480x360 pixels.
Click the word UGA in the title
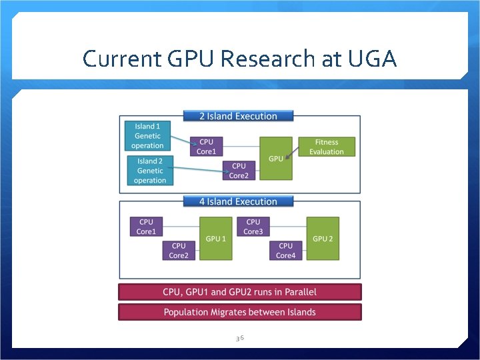[372, 59]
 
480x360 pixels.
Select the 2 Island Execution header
[238, 116]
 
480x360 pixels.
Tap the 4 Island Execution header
[238, 201]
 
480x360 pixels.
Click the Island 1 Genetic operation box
[147, 136]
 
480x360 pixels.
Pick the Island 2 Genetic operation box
[150, 171]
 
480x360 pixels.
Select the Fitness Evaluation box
[327, 147]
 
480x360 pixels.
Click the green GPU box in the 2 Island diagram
[275, 158]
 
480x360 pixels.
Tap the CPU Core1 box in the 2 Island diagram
[206, 147]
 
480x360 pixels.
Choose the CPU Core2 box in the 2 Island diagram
[238, 171]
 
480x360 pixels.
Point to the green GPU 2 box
[323, 238]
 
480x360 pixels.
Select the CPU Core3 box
[253, 227]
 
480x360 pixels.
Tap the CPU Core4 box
[285, 251]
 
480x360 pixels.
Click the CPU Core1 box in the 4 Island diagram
[146, 227]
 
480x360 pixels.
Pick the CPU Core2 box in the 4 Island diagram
[179, 251]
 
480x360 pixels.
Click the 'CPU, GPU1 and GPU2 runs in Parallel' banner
[240, 292]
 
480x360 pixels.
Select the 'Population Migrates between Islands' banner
[240, 312]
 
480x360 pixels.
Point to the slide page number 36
[240, 339]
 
